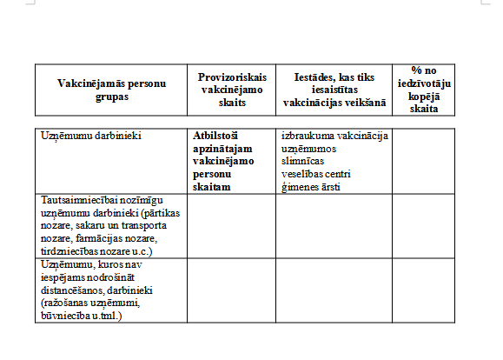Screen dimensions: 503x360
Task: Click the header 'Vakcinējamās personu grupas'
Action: click(110, 90)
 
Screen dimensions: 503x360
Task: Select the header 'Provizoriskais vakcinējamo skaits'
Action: click(231, 90)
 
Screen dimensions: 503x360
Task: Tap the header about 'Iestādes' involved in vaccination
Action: click(334, 90)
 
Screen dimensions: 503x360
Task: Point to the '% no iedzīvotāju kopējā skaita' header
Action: click(424, 89)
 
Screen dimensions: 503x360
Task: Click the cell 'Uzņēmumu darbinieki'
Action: click(91, 137)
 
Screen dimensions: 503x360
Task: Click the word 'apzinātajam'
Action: click(222, 149)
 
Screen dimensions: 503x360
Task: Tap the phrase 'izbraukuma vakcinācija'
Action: click(334, 137)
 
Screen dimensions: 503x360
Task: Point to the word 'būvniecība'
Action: click(67, 319)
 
